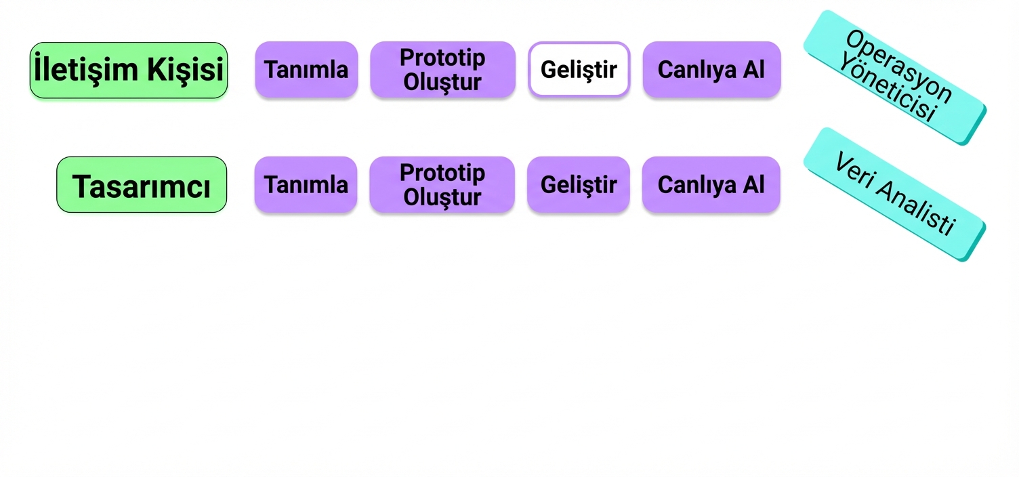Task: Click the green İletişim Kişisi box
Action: [x=129, y=70]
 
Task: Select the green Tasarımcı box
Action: [x=142, y=184]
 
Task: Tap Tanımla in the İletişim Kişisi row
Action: [x=307, y=70]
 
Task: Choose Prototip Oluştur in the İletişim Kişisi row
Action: [x=442, y=70]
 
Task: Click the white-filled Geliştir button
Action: [x=579, y=70]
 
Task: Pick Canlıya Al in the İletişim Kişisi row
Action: [x=711, y=70]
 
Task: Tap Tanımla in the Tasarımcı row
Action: [x=306, y=184]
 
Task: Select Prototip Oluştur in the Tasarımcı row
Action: [x=442, y=184]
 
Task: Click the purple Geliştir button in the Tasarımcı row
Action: [x=579, y=184]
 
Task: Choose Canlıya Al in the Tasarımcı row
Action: [x=711, y=184]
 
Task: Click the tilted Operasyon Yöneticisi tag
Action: [x=895, y=77]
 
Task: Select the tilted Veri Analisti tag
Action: [x=894, y=194]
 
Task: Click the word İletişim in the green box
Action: [x=85, y=68]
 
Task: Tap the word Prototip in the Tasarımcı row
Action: [x=442, y=173]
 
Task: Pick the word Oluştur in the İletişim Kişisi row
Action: [x=442, y=82]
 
